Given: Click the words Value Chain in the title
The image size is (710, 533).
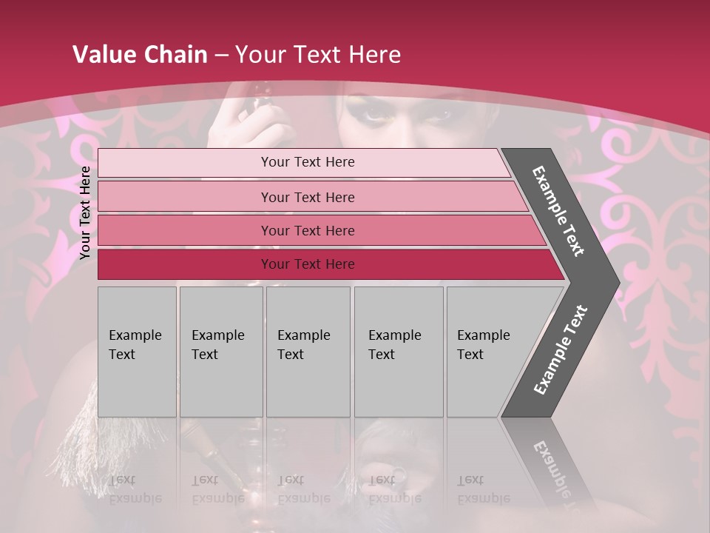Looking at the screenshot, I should coord(140,55).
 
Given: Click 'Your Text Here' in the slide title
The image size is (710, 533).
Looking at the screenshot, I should coord(318,55).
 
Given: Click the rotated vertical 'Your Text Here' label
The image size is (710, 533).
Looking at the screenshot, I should coord(85,213).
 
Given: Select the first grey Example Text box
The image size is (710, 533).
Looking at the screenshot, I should coord(137,352).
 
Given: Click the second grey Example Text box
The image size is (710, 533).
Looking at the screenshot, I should coord(221,352).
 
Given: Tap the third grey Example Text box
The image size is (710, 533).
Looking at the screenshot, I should coord(308,352).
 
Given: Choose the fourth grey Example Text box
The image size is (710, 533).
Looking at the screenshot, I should coord(399,352).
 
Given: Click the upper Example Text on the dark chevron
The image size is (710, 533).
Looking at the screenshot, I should coord(558,211).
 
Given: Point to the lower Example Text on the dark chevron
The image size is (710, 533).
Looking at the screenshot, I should coord(561,350).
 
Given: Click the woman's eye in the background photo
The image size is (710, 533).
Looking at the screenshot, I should coord(376,113).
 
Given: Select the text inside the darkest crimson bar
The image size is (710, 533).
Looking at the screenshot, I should coord(308,264).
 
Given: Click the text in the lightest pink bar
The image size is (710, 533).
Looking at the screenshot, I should coord(308,162).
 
